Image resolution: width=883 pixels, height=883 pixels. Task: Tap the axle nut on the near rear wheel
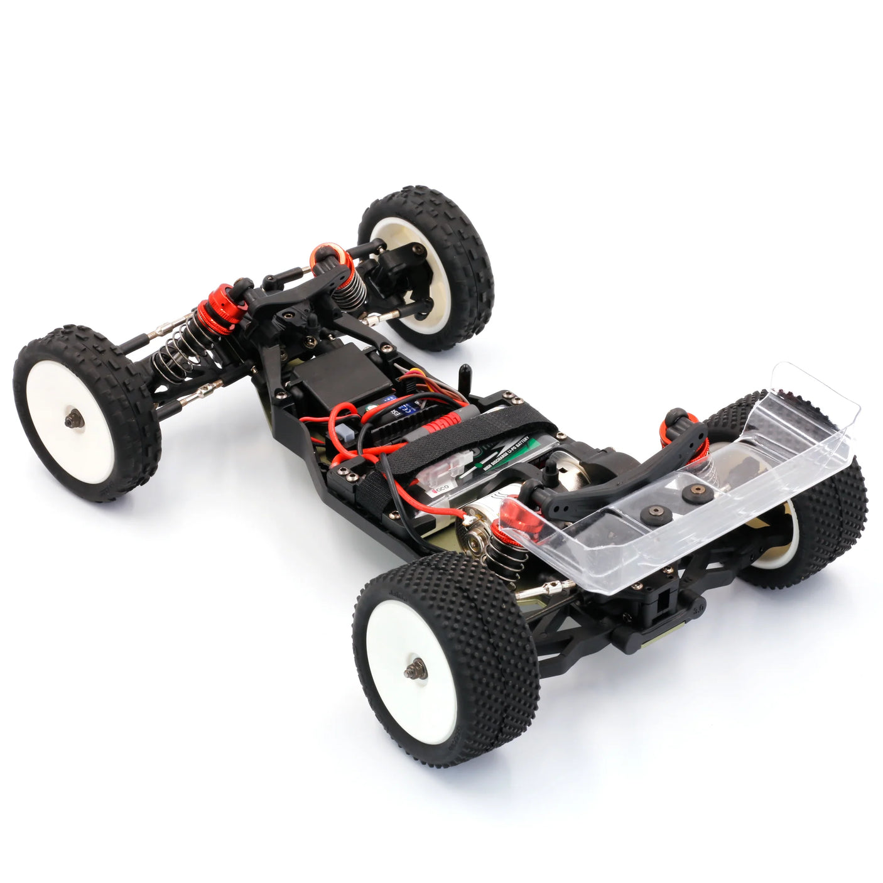[x=415, y=669]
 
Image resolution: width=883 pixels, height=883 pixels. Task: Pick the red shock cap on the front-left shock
[x=219, y=304]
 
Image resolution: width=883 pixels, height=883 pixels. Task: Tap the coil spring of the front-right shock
[x=349, y=286]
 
